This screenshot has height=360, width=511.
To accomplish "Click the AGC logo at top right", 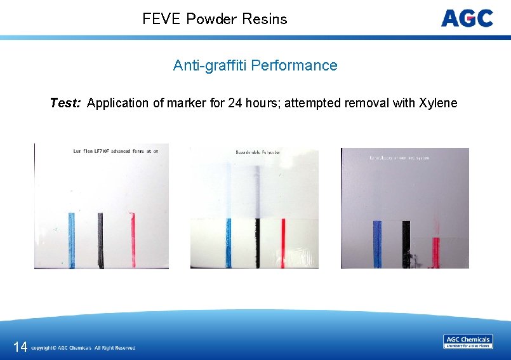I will tap(467, 18).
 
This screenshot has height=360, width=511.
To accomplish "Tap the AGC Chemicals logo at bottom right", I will tap(468, 342).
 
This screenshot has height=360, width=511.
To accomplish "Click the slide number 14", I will tap(20, 347).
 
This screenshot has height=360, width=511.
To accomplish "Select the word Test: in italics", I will tap(65, 103).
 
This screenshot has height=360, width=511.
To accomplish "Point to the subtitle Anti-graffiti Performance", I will tap(255, 65).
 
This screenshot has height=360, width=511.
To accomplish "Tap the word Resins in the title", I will tap(265, 19).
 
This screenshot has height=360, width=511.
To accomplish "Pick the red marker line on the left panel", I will tap(133, 238).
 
